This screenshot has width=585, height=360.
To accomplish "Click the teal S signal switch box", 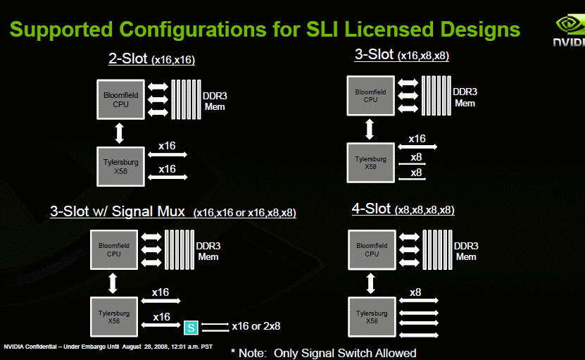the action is click(x=191, y=328).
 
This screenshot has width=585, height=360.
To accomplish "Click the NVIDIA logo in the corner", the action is click(x=569, y=30).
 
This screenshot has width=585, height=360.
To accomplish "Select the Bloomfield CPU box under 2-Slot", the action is click(x=120, y=99).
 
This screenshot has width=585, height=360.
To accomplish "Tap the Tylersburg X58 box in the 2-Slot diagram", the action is click(x=120, y=166).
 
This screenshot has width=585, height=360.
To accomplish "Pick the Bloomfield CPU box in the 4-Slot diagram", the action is click(x=372, y=250).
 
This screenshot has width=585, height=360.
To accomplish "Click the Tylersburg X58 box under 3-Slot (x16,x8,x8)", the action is click(x=370, y=163).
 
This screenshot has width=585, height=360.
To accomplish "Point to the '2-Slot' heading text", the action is click(x=128, y=58).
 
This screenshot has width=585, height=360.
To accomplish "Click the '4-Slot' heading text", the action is click(x=371, y=209).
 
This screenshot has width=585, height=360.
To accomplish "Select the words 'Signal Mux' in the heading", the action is click(x=148, y=212).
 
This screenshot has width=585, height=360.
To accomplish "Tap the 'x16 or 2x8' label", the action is click(x=256, y=326).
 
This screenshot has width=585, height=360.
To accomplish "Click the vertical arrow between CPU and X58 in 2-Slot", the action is click(x=119, y=133).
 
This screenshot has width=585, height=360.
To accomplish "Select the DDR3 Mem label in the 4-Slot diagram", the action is click(x=466, y=252).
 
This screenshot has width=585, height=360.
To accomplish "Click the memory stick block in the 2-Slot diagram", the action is click(x=186, y=99).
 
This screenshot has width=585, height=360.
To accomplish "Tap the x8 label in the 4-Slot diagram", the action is click(x=415, y=292).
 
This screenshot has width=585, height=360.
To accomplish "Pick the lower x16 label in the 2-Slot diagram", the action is click(x=167, y=169).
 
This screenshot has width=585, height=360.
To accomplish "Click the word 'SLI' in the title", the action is click(x=322, y=29).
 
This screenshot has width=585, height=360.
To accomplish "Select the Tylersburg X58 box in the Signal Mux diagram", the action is click(x=114, y=317).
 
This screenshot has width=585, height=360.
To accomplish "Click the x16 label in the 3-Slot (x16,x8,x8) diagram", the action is click(x=417, y=139).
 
